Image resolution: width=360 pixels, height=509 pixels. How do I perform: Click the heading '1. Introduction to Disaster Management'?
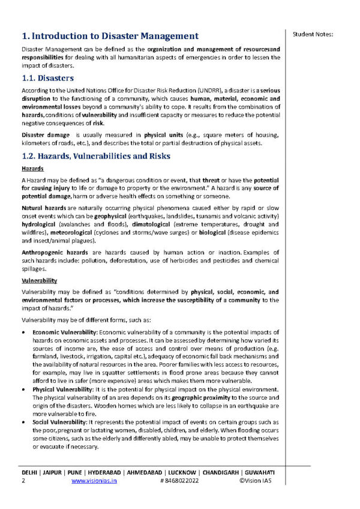tap(109, 36)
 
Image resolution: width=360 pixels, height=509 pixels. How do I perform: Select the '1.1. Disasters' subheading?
tap(47, 78)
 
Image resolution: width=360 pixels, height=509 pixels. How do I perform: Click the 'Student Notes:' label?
tap(313, 34)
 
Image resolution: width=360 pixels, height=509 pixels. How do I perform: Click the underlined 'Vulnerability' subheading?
tap(39, 280)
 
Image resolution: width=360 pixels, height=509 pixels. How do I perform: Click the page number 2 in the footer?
tap(23, 481)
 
